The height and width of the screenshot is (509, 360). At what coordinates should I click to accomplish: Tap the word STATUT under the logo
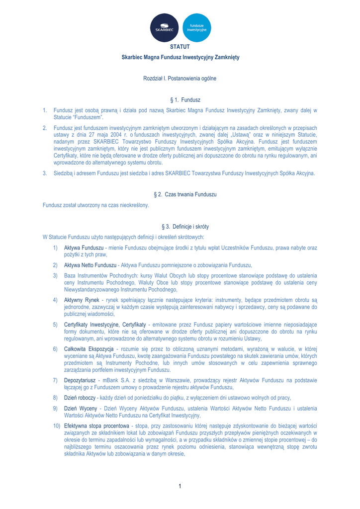(180, 47)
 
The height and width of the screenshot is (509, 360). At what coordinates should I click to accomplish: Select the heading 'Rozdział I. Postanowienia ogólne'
(180, 79)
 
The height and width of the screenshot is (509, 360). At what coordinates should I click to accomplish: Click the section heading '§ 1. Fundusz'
(180, 100)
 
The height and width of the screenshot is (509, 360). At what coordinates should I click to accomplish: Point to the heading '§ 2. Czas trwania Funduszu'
(180, 194)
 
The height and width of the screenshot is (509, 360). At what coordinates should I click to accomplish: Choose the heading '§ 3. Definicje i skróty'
(180, 226)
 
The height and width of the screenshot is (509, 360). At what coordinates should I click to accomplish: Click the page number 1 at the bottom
(180, 486)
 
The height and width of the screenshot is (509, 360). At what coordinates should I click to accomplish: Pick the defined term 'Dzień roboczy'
(81, 398)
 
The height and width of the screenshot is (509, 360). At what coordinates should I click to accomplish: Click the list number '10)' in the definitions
(57, 426)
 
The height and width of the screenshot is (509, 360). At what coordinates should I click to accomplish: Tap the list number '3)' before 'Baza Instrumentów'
(55, 275)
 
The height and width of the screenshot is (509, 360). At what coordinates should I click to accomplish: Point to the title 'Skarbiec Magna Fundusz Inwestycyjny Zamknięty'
(180, 58)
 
